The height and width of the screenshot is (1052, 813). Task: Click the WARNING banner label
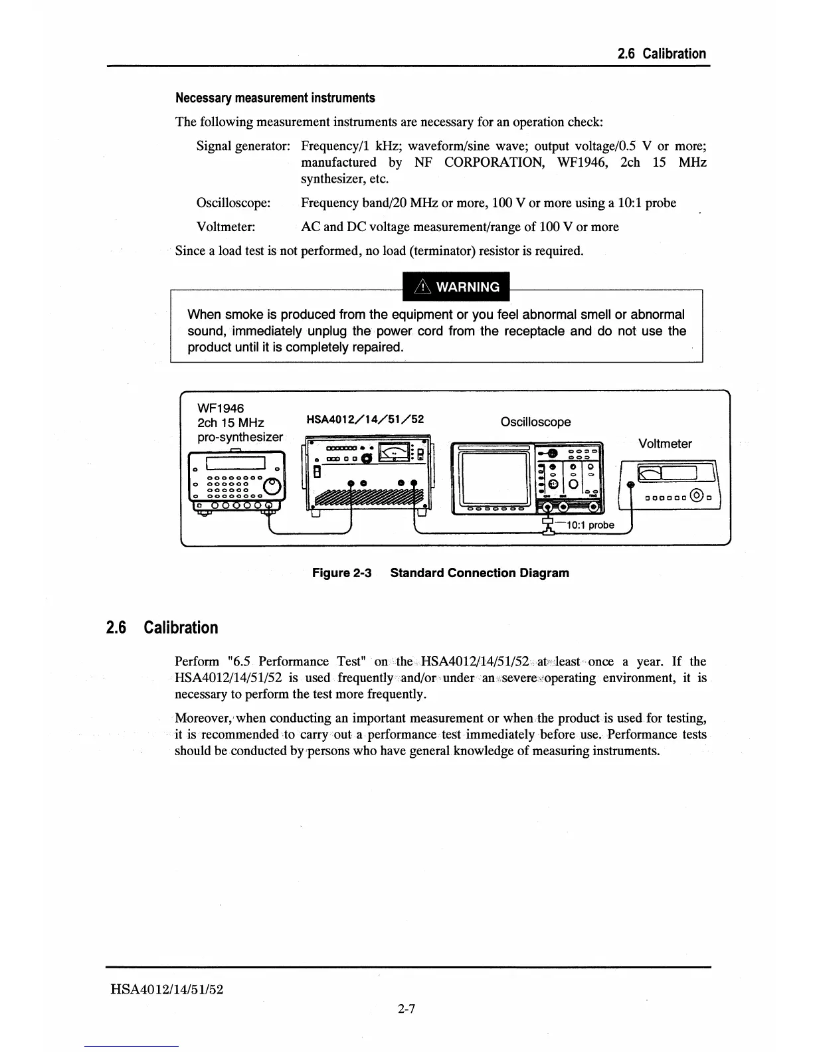[456, 287]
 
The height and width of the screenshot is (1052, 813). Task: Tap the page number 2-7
[406, 1009]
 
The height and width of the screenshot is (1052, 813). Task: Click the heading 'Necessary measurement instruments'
[275, 98]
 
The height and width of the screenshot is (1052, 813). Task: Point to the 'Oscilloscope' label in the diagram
[535, 422]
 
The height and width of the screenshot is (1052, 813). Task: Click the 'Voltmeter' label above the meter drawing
[665, 444]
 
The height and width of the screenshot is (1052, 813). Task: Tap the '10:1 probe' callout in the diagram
[590, 525]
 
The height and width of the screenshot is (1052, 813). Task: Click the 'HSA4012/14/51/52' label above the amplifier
[365, 419]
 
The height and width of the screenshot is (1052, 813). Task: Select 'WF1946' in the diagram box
[221, 407]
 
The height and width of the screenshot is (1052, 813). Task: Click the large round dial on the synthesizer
[272, 488]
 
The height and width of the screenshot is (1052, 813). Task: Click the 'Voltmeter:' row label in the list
[226, 227]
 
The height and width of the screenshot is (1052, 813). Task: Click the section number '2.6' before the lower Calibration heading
[116, 628]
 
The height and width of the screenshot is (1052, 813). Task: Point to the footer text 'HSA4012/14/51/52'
[167, 990]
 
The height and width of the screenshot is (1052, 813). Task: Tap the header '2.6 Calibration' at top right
[662, 54]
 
